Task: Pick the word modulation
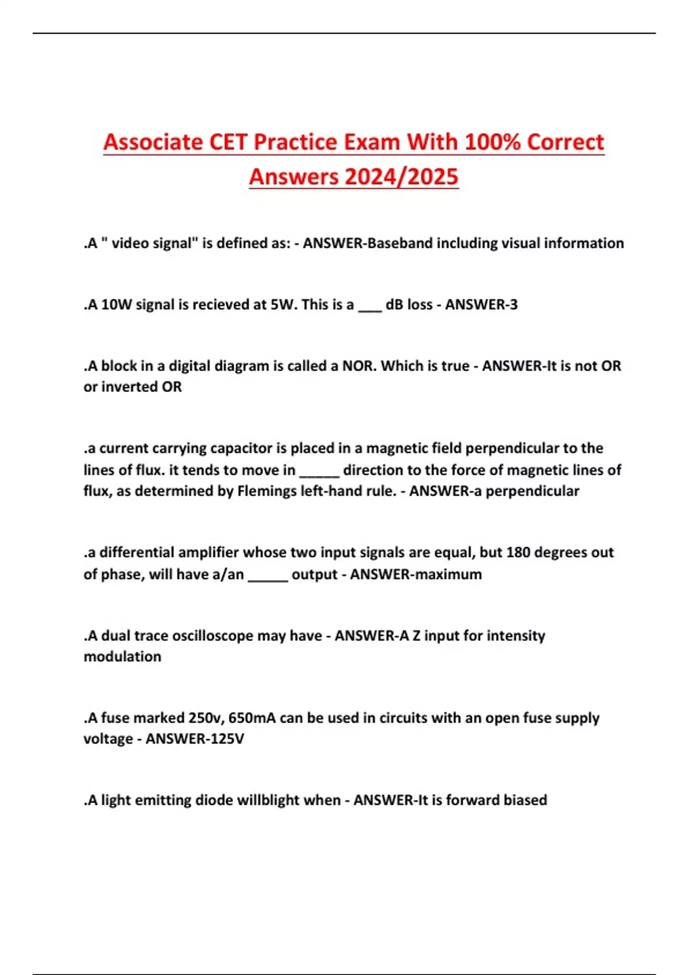click(122, 657)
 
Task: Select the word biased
click(525, 800)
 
